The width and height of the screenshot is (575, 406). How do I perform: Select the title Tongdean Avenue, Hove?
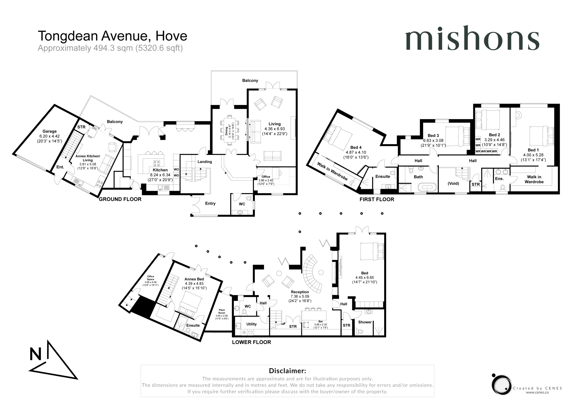[113, 36]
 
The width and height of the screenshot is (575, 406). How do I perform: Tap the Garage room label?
[50, 131]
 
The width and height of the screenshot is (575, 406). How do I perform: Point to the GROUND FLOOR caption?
[120, 199]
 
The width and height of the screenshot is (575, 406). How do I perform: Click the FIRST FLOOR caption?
[377, 199]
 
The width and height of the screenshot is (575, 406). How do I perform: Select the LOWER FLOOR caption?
[251, 342]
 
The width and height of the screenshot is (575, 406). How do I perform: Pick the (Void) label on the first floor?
[453, 183]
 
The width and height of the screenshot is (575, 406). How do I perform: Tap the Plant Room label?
[222, 311]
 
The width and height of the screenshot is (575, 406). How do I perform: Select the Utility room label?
[251, 324]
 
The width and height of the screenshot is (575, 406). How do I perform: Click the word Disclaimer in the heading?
[287, 371]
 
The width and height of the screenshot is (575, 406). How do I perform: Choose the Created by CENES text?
[537, 388]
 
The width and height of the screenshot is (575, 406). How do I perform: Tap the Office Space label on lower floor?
[150, 278]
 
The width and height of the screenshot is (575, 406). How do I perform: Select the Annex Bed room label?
[194, 279]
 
